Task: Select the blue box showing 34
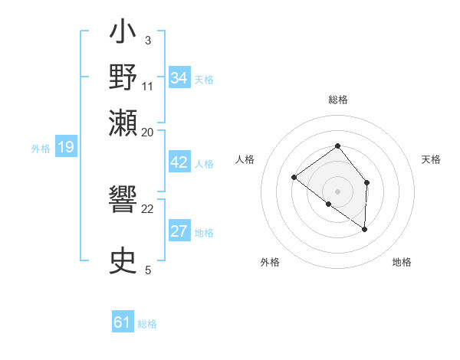click(179, 78)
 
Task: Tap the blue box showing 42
click(179, 163)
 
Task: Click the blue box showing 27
click(179, 232)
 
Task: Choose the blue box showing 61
click(123, 323)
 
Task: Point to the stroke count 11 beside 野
click(148, 85)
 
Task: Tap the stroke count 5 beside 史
click(148, 269)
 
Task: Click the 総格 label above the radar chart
click(337, 100)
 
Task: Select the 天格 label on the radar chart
click(431, 159)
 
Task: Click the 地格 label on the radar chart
click(402, 262)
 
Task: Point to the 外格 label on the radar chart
click(270, 262)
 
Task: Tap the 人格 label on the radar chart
click(245, 159)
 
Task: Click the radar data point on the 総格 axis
click(337, 146)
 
